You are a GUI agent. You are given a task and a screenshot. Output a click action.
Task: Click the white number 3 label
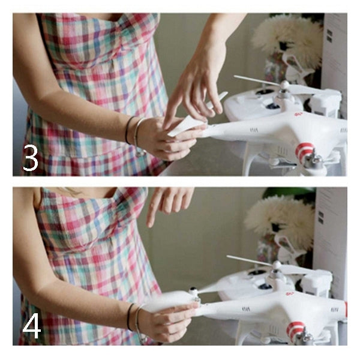(31, 158)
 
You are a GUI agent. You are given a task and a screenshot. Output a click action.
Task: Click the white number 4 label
(31, 326)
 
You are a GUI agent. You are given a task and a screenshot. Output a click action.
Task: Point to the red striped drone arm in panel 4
(295, 329)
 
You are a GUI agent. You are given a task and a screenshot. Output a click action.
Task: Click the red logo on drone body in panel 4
(290, 293)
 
